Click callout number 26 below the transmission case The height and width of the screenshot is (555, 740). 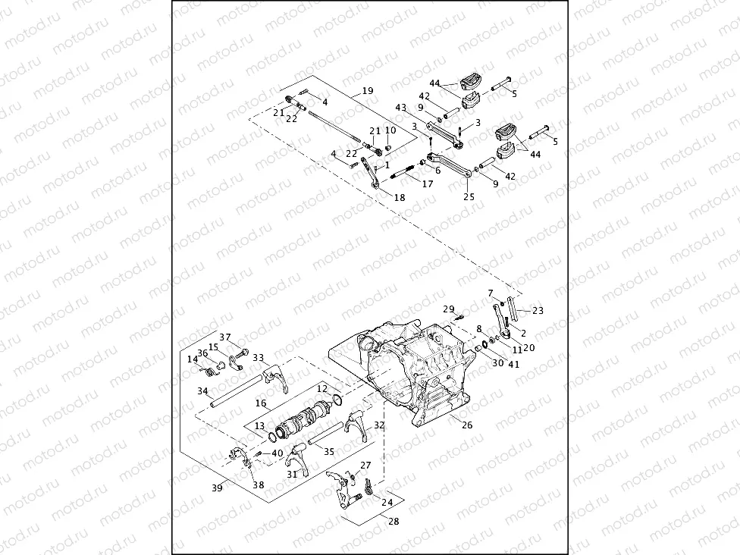tap(467, 425)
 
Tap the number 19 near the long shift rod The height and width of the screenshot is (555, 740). tap(368, 91)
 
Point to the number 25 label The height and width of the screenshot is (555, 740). tap(469, 196)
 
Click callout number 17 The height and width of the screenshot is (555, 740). tap(428, 183)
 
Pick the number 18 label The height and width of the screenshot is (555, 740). tap(400, 197)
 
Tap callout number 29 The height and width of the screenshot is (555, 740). tap(449, 309)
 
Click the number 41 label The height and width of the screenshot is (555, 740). tap(516, 364)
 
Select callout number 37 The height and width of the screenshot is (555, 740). tap(225, 337)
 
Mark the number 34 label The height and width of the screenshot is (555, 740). tap(202, 391)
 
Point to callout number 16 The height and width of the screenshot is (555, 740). tap(261, 404)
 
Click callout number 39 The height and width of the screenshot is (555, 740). tap(217, 488)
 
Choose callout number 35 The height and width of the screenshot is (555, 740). tap(328, 452)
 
